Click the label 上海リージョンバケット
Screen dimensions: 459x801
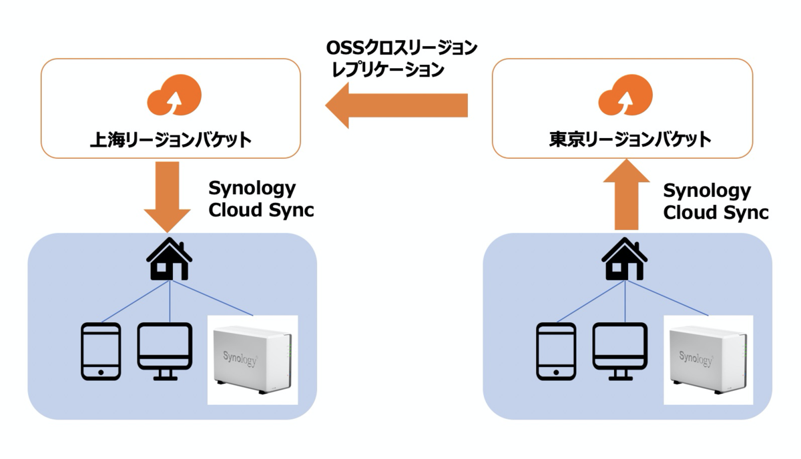(x=170, y=140)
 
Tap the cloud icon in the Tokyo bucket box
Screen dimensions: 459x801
(x=625, y=97)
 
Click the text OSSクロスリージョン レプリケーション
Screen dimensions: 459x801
(x=401, y=58)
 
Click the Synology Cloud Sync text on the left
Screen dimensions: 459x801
(x=261, y=199)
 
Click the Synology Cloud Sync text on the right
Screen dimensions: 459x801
(x=716, y=201)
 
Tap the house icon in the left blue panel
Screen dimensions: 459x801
(x=170, y=260)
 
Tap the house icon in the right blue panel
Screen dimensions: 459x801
(x=624, y=260)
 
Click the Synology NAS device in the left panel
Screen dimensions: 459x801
(x=252, y=360)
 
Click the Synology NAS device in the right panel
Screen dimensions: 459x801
(x=708, y=360)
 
